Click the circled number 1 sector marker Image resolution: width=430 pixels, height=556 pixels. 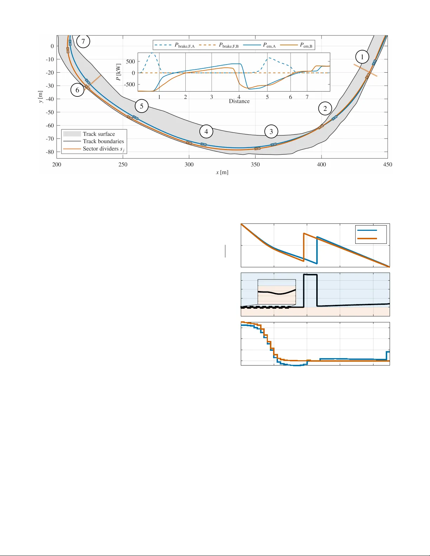tap(362, 57)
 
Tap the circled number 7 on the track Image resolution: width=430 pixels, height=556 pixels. tap(83, 41)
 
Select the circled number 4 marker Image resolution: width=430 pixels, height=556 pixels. tap(206, 132)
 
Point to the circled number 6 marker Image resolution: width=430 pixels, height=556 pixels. tap(77, 90)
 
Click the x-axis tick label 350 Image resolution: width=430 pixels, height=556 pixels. tap(255, 165)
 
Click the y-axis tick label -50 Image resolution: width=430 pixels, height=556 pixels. tap(49, 112)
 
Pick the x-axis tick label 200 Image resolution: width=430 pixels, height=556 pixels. tap(57, 165)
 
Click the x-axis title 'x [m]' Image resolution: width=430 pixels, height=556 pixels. tap(222, 172)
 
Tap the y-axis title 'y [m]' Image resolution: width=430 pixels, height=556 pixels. tap(41, 97)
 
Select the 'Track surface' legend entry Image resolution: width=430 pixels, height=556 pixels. tap(99, 134)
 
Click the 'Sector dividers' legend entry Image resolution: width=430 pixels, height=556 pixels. tap(103, 149)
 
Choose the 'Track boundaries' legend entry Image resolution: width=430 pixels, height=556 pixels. tap(103, 141)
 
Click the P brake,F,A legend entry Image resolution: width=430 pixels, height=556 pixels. tap(184, 45)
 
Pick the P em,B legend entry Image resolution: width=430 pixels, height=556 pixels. tap(306, 45)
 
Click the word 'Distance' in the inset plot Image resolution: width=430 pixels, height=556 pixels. tap(239, 101)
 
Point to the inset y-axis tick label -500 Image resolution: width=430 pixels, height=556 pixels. tap(130, 85)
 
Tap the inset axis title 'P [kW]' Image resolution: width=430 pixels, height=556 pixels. tap(119, 72)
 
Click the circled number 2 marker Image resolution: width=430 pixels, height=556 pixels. tap(325, 108)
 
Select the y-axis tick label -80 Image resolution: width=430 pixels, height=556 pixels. tap(49, 152)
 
